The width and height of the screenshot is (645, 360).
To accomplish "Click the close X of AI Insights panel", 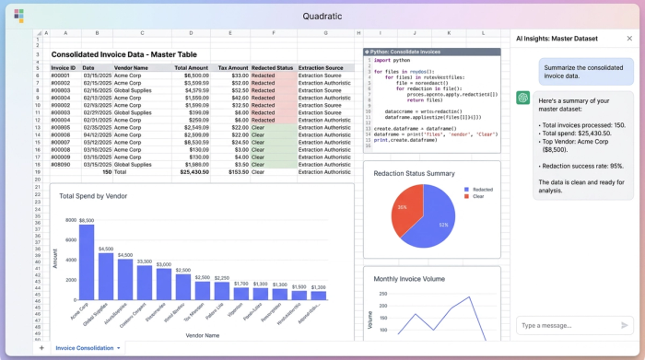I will click(x=629, y=39).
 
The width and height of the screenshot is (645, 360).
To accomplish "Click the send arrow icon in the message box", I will click(x=626, y=325).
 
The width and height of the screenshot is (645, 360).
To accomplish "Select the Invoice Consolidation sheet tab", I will click(x=85, y=348).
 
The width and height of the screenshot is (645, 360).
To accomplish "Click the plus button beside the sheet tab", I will click(x=41, y=348).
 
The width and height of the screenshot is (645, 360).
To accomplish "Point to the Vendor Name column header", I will click(x=131, y=67).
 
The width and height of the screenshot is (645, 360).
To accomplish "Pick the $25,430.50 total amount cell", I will click(x=191, y=171).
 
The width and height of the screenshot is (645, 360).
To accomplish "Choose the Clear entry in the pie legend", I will click(x=477, y=196).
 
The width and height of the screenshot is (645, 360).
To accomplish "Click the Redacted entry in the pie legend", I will click(x=481, y=189).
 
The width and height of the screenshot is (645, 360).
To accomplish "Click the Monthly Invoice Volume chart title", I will click(x=410, y=278).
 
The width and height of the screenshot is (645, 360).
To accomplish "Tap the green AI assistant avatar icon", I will click(x=522, y=98).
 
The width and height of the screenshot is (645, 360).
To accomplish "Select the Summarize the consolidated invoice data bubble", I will click(x=584, y=73).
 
